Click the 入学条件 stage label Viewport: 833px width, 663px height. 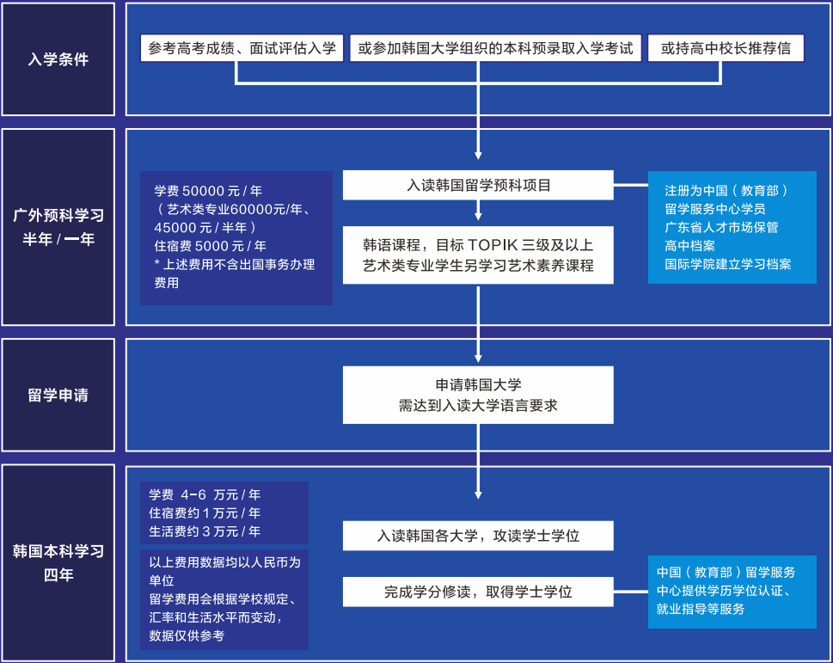tap(58, 60)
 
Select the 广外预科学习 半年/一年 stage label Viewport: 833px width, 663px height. tap(58, 227)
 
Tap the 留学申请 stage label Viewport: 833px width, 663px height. tap(58, 396)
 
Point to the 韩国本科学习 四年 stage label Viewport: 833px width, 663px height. tap(58, 563)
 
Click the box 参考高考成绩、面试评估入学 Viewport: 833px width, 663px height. tap(242, 48)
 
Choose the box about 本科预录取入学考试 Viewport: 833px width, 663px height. tap(495, 48)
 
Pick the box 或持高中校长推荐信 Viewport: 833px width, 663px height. tap(726, 48)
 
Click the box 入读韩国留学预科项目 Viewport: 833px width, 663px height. tap(478, 185)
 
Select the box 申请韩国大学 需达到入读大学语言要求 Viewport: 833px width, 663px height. tap(478, 395)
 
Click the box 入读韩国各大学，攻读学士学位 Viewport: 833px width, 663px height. tap(478, 536)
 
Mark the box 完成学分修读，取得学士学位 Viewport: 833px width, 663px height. tap(478, 592)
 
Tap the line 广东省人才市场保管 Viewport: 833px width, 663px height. tap(721, 227)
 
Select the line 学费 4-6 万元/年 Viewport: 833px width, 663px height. tap(205, 495)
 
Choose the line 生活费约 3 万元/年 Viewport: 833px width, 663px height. tap(205, 531)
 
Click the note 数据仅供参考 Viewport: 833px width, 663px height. tap(187, 635)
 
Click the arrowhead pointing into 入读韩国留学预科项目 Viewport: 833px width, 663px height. tap(478, 157)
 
